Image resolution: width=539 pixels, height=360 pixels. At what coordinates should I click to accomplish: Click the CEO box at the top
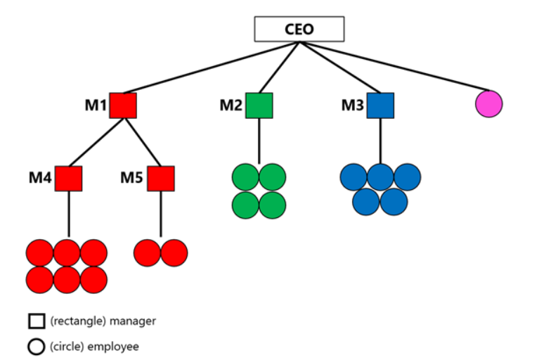point(299,30)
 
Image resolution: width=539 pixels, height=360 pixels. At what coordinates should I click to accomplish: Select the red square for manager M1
point(123,105)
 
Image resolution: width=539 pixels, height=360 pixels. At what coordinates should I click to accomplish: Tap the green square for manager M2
point(259,105)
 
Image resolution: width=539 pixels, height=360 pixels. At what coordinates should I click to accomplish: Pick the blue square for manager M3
point(380,105)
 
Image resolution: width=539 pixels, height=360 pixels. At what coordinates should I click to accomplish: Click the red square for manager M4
point(69,179)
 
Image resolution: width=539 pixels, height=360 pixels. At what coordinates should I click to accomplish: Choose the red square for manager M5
point(160,179)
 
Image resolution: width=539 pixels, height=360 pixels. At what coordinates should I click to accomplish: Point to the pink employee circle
point(488,103)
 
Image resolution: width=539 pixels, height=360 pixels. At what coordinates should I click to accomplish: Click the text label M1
point(96,105)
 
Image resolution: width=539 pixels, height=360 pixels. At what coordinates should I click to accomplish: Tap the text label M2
point(230,105)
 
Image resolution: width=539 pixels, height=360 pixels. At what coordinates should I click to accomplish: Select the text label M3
point(353,105)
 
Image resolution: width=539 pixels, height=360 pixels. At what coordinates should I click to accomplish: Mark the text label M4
point(40,178)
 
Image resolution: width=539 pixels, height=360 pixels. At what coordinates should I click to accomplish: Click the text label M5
point(131,178)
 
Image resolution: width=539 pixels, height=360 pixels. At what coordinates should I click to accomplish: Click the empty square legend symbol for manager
point(37,321)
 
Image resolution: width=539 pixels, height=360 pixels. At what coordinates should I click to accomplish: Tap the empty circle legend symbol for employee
point(37,347)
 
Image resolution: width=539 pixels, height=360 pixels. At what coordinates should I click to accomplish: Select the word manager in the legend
point(133,321)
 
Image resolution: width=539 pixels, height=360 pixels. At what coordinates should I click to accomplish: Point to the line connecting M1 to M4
point(97,142)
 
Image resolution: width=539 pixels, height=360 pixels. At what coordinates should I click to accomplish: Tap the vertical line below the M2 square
point(259,141)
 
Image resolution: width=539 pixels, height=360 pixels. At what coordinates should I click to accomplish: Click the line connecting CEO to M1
point(211,67)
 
